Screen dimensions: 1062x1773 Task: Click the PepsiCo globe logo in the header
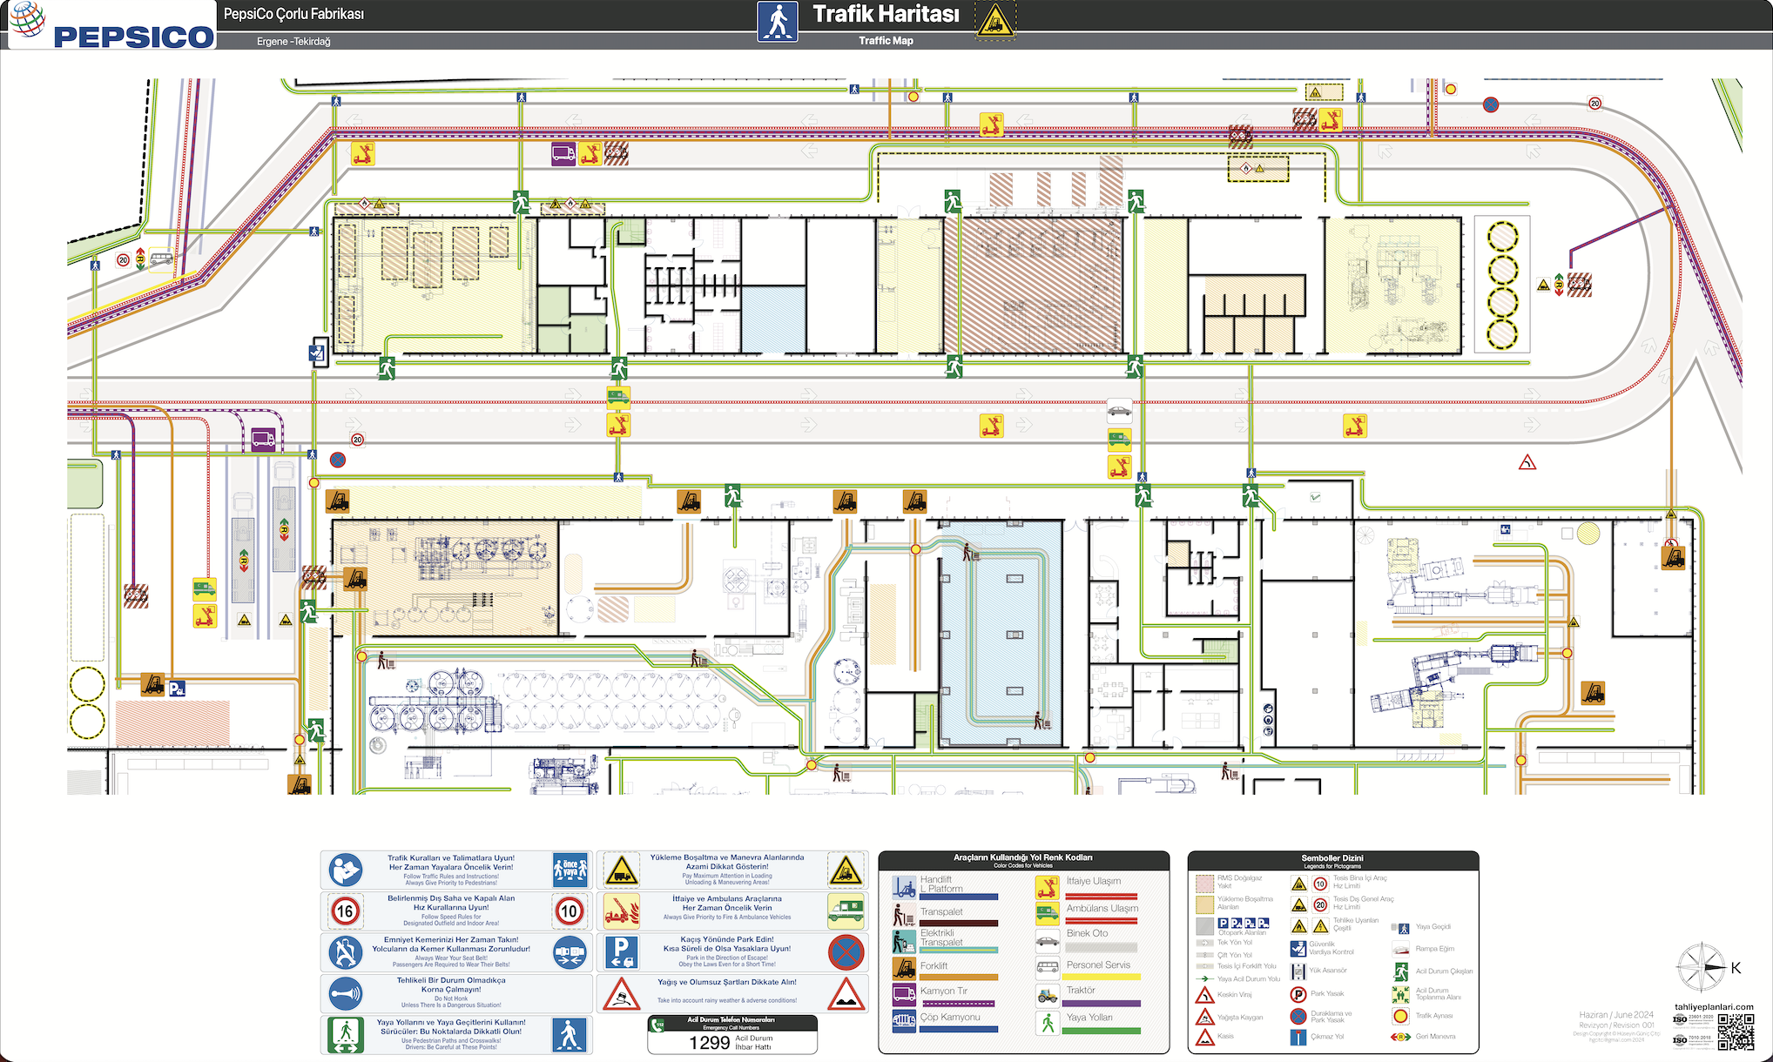[29, 19]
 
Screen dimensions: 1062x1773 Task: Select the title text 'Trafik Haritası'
[886, 15]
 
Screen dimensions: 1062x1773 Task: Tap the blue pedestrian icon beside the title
[777, 21]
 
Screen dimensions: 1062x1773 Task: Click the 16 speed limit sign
[345, 911]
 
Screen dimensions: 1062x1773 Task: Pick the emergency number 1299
[709, 1043]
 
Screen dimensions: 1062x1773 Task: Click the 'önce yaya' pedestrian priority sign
[570, 869]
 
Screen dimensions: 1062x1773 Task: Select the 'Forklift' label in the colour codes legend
[934, 966]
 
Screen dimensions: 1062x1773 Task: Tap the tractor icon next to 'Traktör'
[1048, 994]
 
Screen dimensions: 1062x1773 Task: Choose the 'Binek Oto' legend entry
[1087, 933]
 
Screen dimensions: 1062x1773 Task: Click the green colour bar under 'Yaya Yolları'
[1102, 1031]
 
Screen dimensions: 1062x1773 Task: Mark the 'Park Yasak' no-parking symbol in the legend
[1298, 994]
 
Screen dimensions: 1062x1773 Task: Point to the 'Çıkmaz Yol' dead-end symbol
[1298, 1037]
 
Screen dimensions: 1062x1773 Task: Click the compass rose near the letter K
[1701, 968]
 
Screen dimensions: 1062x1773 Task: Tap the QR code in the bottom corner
[1736, 1032]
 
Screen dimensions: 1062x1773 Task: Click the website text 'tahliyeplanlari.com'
[1714, 1007]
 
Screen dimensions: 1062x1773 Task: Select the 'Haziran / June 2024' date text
[1616, 1015]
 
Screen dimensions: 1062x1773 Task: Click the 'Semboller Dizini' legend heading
[1332, 858]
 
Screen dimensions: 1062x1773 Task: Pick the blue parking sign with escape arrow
[621, 952]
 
